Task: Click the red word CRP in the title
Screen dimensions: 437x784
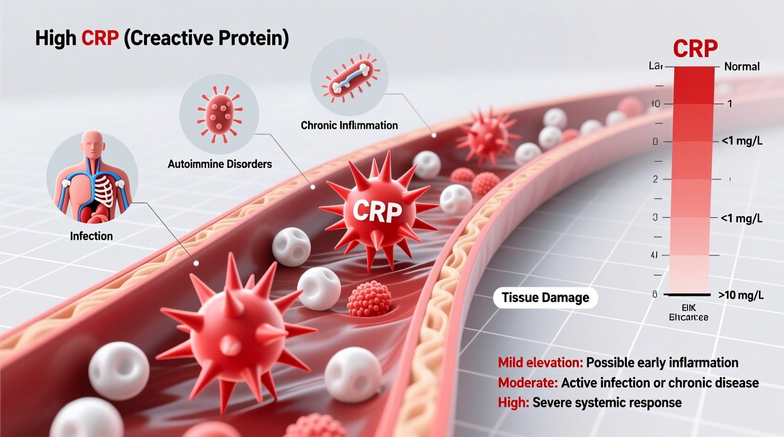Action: click(100, 38)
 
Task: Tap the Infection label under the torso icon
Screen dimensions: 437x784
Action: click(91, 236)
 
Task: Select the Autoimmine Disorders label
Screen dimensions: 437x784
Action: click(220, 164)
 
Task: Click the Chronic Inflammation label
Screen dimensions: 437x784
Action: click(349, 125)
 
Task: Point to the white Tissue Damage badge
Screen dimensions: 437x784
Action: click(545, 298)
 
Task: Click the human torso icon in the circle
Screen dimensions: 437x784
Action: click(92, 178)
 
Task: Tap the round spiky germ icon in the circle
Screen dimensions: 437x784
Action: click(219, 113)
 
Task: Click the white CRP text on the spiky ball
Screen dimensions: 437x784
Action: click(377, 211)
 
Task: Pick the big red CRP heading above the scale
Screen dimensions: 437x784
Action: click(695, 49)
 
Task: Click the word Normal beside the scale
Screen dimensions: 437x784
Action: click(742, 67)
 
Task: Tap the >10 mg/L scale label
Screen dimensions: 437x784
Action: click(741, 295)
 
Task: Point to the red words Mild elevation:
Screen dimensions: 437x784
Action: click(540, 363)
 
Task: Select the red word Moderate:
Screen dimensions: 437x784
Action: click(528, 383)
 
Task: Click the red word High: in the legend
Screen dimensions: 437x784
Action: click(514, 403)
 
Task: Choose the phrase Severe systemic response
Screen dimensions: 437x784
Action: click(607, 403)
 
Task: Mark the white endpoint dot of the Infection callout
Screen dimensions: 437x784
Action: click(196, 263)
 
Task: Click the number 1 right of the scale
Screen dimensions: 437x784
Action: click(730, 104)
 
